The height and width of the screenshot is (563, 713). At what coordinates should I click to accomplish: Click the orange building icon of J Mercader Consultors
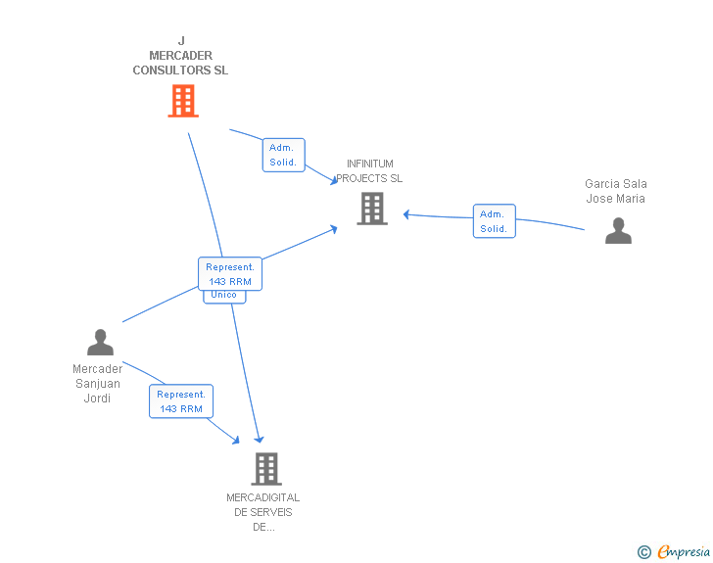click(183, 101)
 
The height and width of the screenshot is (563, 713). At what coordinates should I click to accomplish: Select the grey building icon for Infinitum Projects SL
click(372, 209)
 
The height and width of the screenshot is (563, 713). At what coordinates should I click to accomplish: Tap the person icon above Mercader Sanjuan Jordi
click(100, 343)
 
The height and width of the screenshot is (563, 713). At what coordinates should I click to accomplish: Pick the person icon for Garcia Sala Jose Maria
click(618, 231)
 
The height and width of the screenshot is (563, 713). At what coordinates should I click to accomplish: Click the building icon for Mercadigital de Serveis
click(265, 469)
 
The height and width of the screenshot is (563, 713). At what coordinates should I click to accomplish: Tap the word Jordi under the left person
click(98, 399)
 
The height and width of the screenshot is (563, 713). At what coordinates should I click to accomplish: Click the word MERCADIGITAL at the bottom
click(263, 497)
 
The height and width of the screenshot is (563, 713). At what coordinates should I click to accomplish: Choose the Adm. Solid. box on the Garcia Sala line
click(494, 221)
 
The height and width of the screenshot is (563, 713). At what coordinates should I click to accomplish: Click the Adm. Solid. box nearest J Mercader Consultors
click(283, 155)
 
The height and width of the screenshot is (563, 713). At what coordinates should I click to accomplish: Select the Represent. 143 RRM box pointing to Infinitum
click(230, 274)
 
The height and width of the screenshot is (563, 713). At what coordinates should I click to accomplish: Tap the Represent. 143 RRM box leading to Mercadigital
click(181, 401)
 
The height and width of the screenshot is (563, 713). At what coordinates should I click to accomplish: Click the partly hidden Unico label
click(224, 296)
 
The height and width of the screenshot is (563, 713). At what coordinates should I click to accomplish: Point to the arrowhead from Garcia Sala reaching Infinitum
click(406, 214)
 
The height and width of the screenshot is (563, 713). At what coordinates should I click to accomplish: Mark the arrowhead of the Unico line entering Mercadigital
click(259, 440)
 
